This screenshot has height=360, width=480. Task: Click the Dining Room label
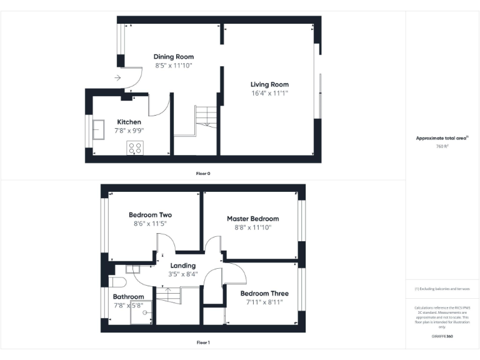pyautogui.click(x=174, y=57)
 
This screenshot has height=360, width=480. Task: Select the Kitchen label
pyautogui.click(x=129, y=122)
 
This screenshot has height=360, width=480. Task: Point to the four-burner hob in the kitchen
pyautogui.click(x=135, y=148)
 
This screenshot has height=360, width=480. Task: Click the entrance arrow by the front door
pyautogui.click(x=117, y=78)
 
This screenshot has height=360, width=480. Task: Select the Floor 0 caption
pyautogui.click(x=203, y=173)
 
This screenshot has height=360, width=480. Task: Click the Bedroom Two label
pyautogui.click(x=150, y=215)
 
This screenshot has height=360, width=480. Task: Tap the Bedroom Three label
pyautogui.click(x=264, y=294)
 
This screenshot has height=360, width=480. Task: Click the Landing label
pyautogui.click(x=183, y=266)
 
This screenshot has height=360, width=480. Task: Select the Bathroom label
pyautogui.click(x=128, y=297)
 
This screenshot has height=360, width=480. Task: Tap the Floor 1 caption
pyautogui.click(x=203, y=342)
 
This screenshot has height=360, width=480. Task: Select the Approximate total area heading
pyautogui.click(x=441, y=138)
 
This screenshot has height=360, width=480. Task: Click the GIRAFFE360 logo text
pyautogui.click(x=442, y=337)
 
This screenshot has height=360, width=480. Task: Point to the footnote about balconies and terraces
pyautogui.click(x=442, y=289)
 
